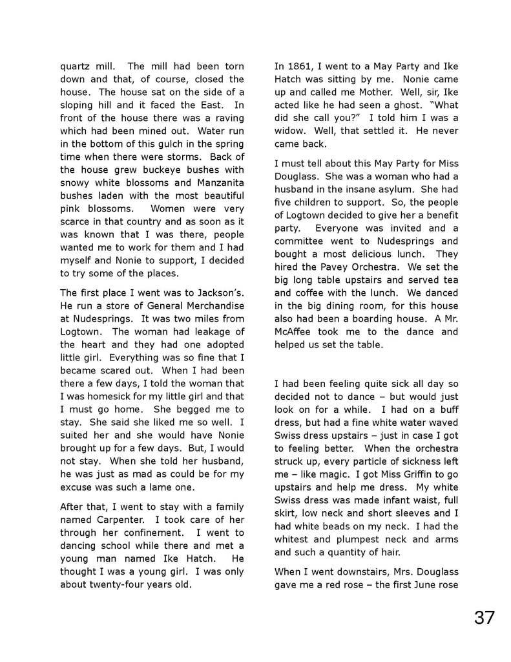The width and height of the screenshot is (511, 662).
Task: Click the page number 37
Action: [x=484, y=617]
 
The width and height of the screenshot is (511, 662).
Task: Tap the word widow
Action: [x=290, y=131]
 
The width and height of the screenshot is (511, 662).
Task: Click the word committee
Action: [x=302, y=241]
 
